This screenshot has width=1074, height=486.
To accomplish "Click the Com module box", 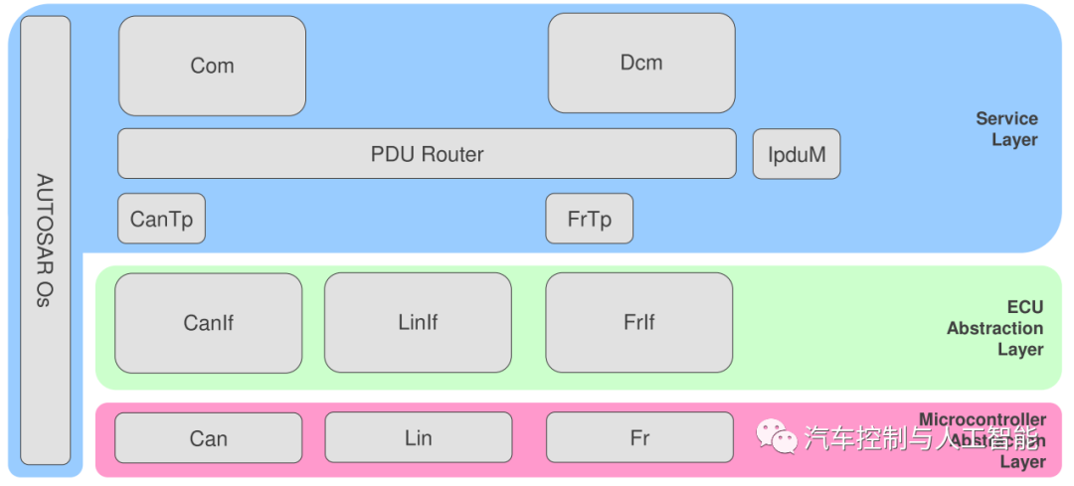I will [x=212, y=66].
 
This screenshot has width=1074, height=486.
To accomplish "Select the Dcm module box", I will [x=641, y=63].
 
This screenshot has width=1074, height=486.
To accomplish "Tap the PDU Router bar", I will [x=427, y=154].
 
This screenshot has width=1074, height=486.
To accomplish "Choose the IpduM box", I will [x=797, y=155].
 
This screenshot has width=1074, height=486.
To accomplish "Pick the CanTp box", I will [x=161, y=219].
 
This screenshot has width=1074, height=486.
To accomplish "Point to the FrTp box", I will [x=589, y=219].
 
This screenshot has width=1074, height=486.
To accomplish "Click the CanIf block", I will [x=208, y=323].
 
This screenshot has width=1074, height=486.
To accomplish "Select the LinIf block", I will [x=418, y=323].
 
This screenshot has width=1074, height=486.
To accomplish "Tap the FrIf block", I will [x=639, y=323].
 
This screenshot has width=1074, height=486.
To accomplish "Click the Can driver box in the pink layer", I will [x=208, y=438].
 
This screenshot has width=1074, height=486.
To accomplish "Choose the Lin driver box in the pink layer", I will [x=418, y=438].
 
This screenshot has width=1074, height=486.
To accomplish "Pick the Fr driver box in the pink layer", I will [x=639, y=438].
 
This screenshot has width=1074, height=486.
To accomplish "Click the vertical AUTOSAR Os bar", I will [x=45, y=240].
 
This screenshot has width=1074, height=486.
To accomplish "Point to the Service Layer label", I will [x=1008, y=129].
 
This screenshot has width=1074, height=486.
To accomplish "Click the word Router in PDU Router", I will [x=452, y=154].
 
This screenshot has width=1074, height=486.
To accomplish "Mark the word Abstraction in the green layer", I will [x=994, y=328].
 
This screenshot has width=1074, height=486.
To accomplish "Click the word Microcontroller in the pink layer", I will [x=982, y=419].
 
